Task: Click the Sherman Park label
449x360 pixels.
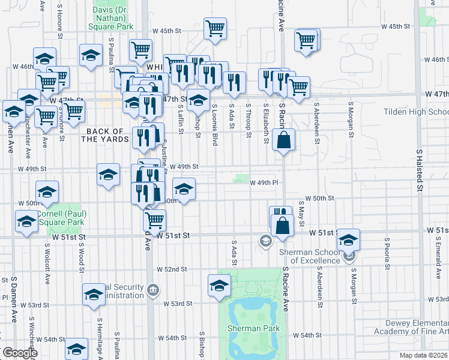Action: [253, 328]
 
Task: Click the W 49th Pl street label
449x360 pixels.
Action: [265, 182]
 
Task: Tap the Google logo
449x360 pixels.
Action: [19, 352]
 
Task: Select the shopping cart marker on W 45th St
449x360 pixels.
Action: [215, 28]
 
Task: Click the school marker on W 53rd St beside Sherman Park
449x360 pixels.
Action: [219, 286]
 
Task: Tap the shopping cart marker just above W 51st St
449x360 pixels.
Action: [154, 220]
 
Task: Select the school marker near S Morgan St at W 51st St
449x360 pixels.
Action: [348, 240]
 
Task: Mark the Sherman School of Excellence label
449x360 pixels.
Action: [309, 256]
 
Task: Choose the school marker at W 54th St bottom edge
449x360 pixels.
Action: [76, 350]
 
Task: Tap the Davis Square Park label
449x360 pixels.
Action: [115, 18]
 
